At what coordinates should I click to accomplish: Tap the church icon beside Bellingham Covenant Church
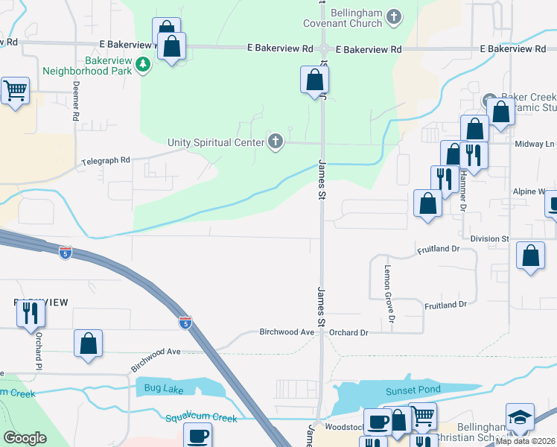(395, 16)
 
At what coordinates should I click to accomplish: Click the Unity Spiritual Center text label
(215, 142)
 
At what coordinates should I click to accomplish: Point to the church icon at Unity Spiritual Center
(276, 141)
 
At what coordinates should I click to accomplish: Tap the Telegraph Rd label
(106, 160)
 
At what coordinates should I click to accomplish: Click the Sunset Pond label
(413, 390)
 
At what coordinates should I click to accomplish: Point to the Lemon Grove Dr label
(388, 287)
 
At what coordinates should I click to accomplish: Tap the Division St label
(488, 238)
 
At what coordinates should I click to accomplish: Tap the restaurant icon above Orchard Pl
(31, 313)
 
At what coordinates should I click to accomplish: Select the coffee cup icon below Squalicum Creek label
(198, 435)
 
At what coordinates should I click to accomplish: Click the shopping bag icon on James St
(314, 80)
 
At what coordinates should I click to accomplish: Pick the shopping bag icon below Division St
(529, 256)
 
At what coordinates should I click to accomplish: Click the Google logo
(25, 438)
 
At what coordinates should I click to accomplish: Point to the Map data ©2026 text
(525, 441)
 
